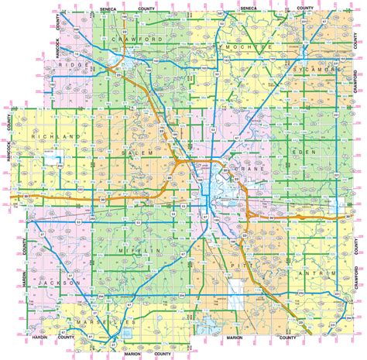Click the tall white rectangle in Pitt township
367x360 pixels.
(x=237, y=303)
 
